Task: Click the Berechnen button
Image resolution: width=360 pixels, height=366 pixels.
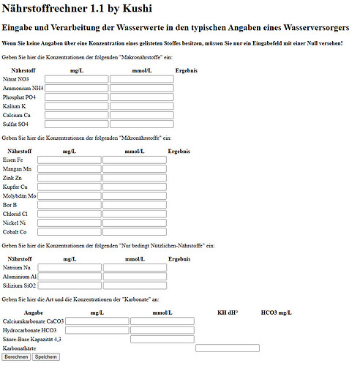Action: coord(16,357)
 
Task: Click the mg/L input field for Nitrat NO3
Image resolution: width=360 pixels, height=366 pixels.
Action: coord(77,79)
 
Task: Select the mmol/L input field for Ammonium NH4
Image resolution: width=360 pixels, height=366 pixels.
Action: coord(142,88)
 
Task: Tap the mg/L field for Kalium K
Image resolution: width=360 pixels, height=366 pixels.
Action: coord(77,106)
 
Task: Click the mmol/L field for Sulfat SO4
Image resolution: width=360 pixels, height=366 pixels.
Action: coord(142,124)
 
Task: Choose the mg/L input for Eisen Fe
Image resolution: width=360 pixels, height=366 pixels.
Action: coord(70,160)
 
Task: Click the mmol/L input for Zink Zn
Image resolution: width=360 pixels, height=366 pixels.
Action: coord(135,178)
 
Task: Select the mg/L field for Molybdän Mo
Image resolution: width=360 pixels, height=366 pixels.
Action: coord(70,196)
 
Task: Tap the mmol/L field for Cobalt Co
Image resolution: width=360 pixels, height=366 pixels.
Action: coord(135,232)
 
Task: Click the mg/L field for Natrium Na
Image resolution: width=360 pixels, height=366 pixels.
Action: coord(70,267)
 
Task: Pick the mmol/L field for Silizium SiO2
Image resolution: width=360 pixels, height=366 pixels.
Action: coord(135,285)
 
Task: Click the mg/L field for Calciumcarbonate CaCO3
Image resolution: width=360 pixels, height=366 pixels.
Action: coord(97,321)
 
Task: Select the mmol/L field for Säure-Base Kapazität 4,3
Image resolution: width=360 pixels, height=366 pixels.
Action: coord(162,339)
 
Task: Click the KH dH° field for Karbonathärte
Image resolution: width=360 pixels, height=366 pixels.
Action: coord(228,348)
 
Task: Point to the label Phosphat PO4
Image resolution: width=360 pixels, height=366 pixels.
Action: coord(20,97)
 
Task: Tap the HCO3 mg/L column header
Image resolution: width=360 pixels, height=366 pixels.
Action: coord(277,313)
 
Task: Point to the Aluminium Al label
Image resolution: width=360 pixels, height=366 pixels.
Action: coord(19,277)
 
